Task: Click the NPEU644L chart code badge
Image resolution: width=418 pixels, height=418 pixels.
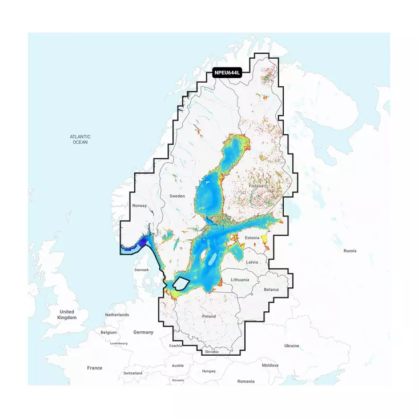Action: [227, 73]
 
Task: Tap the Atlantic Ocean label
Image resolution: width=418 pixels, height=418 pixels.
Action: [80, 139]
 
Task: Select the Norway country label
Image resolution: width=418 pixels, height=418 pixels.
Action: [139, 206]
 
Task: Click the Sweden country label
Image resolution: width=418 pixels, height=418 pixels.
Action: [177, 196]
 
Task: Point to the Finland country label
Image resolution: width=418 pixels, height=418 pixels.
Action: [256, 186]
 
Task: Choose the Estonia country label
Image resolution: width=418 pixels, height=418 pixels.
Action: [252, 238]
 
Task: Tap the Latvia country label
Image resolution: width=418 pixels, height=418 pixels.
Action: [251, 262]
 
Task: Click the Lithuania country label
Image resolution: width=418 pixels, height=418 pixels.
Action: [240, 280]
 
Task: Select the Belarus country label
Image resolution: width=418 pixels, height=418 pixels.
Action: [271, 290]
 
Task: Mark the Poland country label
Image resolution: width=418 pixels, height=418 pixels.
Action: [209, 316]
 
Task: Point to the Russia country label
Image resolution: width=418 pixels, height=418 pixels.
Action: [349, 251]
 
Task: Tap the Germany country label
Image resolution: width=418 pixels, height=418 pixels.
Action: [143, 332]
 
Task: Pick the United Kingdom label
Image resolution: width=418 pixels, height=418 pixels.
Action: [67, 315]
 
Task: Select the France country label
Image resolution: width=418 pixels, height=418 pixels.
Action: [95, 368]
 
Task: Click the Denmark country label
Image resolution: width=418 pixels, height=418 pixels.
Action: [141, 270]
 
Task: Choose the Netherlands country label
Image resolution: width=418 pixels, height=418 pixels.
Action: [117, 315]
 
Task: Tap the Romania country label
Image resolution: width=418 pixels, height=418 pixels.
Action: [246, 381]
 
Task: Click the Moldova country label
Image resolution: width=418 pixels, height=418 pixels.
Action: [270, 365]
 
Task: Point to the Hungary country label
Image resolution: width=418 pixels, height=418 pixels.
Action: [208, 371]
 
